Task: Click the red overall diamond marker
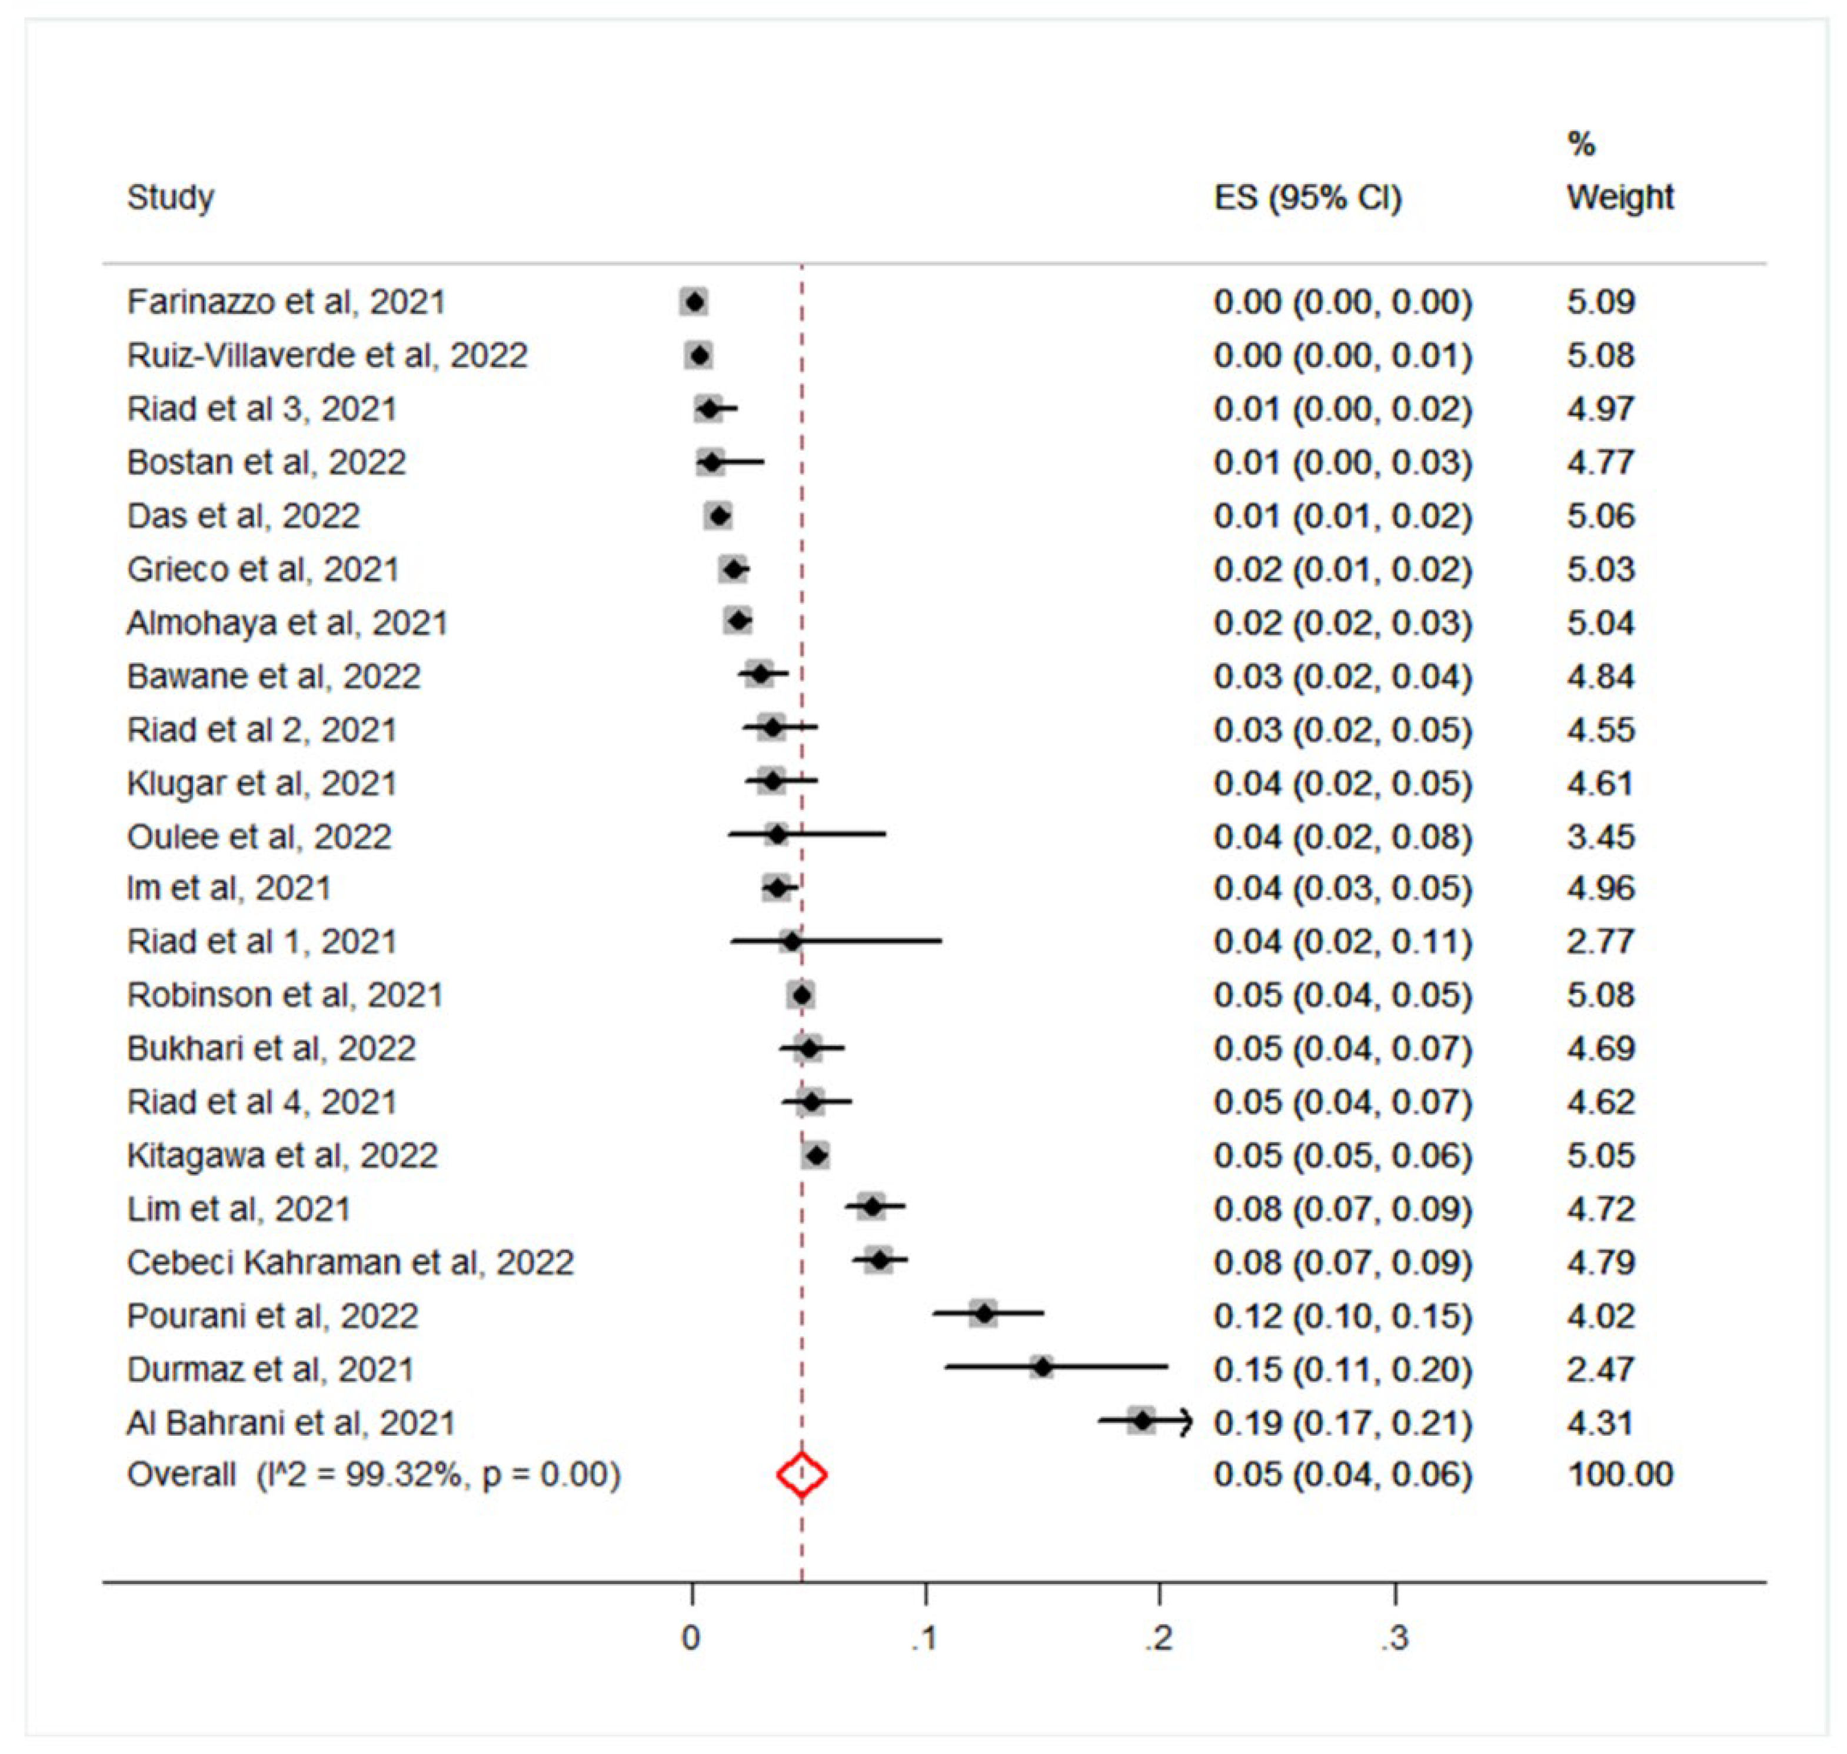[x=801, y=1475]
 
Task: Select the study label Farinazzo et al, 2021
[x=286, y=302]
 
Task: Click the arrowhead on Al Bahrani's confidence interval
[x=1186, y=1422]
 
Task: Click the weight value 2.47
[x=1600, y=1369]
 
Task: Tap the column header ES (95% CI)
[x=1307, y=197]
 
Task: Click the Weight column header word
[x=1620, y=197]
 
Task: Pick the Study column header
[x=170, y=197]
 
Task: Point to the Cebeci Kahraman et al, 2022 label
[x=350, y=1262]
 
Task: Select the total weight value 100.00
[x=1620, y=1475]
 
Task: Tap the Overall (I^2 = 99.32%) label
[x=373, y=1475]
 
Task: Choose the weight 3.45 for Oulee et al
[x=1600, y=836]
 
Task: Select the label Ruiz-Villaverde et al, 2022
[x=327, y=355]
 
